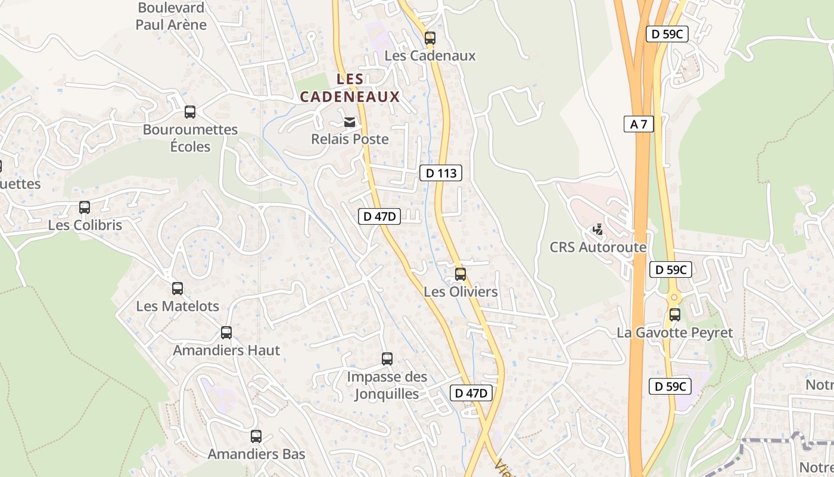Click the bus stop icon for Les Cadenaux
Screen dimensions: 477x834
430,38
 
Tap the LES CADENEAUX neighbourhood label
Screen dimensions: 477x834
350,88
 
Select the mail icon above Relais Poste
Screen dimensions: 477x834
350,122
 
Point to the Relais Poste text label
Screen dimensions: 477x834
350,140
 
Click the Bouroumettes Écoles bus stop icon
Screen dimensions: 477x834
190,112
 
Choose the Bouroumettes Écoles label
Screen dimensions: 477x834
190,138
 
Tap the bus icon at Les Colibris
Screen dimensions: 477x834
85,207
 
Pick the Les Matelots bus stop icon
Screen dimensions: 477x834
178,289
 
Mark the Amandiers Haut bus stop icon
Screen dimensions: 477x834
226,333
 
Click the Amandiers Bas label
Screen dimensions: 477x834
256,454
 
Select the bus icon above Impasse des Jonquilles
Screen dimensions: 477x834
387,359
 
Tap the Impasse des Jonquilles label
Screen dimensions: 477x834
387,385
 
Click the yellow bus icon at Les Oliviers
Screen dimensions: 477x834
460,274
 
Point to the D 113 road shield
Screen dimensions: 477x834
441,174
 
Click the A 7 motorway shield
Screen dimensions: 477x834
639,124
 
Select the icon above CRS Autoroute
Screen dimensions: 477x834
598,230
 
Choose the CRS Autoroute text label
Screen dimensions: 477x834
598,247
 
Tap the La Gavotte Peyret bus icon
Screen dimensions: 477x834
674,315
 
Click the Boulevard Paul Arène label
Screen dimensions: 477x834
171,16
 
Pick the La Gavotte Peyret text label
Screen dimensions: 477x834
674,333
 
